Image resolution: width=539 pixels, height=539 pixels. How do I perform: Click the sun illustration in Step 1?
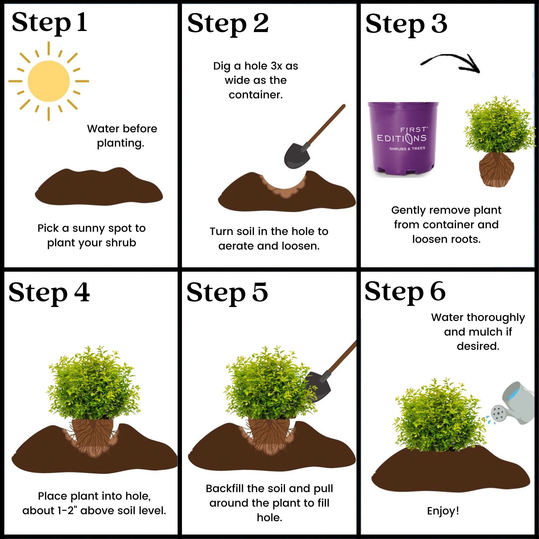49,81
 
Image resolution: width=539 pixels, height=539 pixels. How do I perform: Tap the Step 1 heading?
49,23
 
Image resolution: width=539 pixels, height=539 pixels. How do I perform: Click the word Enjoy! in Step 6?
443,511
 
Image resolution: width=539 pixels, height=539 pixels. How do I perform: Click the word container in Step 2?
255,95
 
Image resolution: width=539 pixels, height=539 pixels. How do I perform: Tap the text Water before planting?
122,136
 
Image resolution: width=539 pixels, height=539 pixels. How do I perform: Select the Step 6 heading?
405,292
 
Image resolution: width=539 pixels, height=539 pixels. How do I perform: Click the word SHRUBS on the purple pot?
397,149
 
